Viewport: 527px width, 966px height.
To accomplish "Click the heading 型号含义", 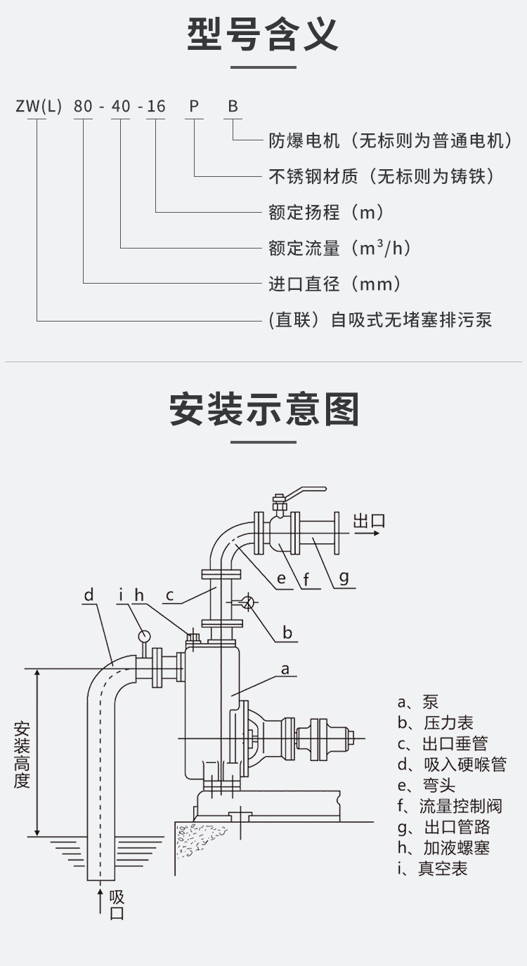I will tap(263, 34).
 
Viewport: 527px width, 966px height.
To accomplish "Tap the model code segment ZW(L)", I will tap(39, 107).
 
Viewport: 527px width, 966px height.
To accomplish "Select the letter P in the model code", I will tap(194, 107).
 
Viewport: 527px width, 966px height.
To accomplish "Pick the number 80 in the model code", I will tap(83, 107).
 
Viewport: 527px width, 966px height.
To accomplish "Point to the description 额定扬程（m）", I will tap(327, 212).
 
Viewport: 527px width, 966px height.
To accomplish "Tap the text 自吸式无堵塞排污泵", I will tap(411, 320).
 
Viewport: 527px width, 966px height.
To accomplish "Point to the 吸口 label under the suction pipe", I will tap(117, 905).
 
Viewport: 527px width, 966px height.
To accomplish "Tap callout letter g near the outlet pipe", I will tap(344, 577).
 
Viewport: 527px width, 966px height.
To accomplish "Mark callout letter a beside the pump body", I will tap(285, 669).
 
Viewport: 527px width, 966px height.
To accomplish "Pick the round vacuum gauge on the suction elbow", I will tap(144, 635).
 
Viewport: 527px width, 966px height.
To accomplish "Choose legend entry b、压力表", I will tap(435, 722).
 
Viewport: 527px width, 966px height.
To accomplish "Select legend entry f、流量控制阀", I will tap(450, 806).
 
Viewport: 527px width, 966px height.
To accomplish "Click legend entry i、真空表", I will tap(432, 868).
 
